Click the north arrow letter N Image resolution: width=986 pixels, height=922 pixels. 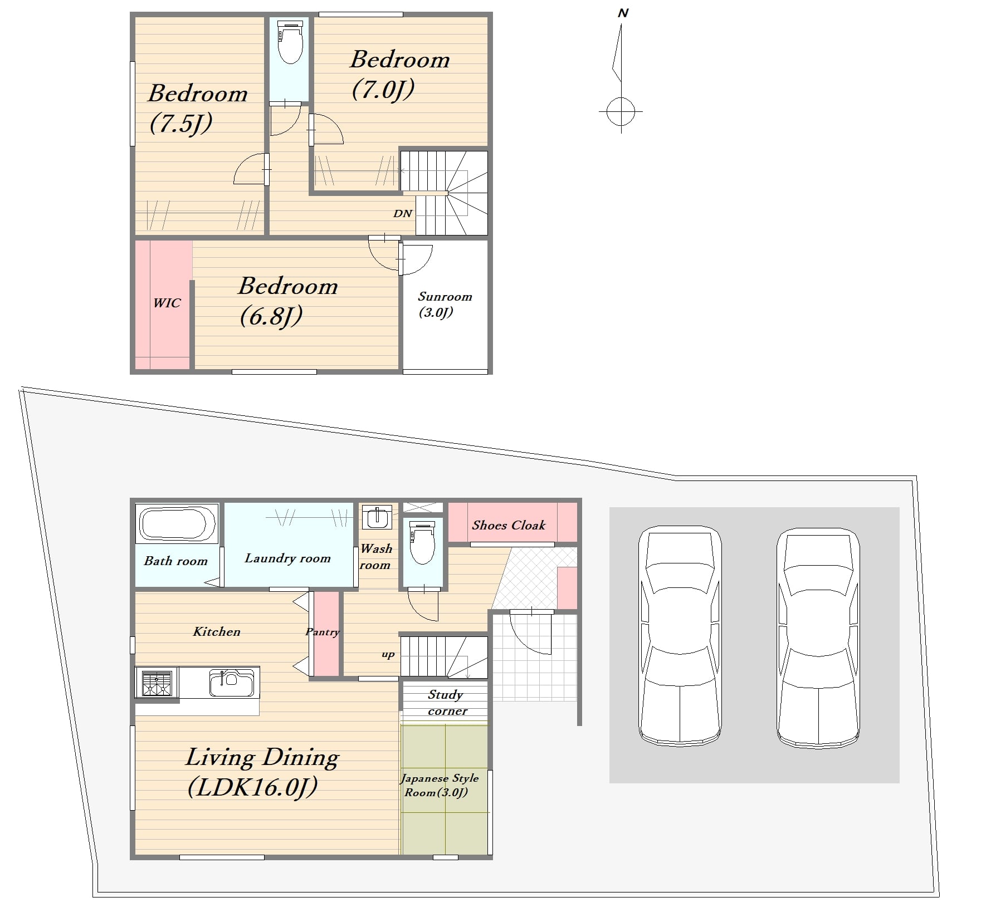point(623,13)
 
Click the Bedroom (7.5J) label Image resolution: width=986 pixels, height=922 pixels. point(198,108)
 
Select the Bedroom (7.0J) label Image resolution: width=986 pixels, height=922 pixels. point(399,75)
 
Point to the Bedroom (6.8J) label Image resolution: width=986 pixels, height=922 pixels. point(288,301)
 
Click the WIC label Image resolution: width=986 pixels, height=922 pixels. point(167,303)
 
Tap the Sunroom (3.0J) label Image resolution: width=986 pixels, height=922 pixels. point(445,304)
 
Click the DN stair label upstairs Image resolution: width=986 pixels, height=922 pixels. point(402,213)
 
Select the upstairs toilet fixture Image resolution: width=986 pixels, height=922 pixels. point(290,42)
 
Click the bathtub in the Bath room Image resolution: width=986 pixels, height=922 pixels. point(177,523)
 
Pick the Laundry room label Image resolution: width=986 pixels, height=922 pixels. point(287,558)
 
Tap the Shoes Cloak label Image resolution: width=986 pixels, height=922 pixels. point(509,525)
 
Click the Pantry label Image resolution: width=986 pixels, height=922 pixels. point(323,632)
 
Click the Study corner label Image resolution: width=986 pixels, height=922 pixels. point(447,703)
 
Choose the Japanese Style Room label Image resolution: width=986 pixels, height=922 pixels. point(440,785)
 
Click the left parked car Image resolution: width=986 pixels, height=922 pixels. point(680,636)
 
